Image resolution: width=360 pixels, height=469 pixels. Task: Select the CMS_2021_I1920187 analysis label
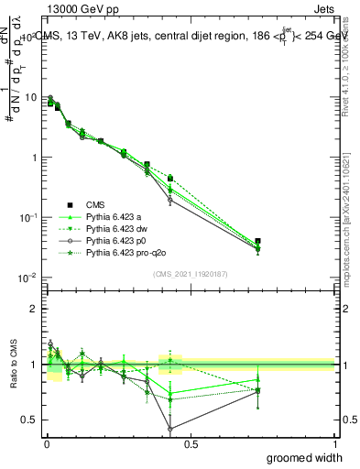tap(190, 274)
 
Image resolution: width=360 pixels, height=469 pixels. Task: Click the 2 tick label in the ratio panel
tap(34, 309)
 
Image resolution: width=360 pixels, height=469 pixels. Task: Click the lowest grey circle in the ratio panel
tap(169, 428)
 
